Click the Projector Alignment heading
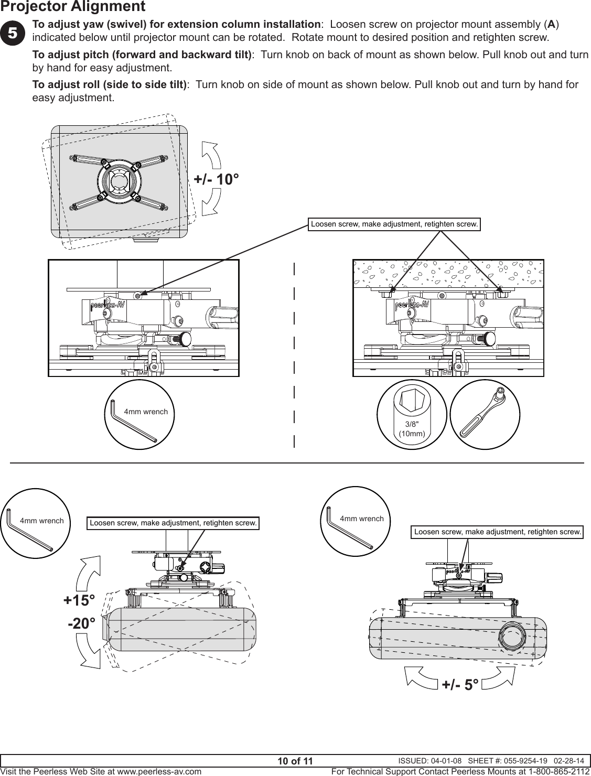[73, 7]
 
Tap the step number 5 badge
[12, 32]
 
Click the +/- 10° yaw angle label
[217, 179]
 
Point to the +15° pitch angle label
[79, 600]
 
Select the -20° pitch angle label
[81, 624]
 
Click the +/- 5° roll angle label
[459, 684]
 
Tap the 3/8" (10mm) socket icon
[412, 414]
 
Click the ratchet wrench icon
[485, 414]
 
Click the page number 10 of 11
[295, 761]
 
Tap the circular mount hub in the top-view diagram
[119, 181]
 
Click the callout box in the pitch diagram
[173, 523]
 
